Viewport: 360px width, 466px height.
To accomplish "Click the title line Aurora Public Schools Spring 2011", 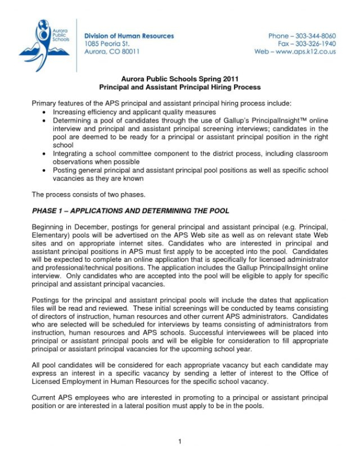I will (179, 78).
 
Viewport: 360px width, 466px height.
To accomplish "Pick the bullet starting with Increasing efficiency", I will (126, 111).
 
